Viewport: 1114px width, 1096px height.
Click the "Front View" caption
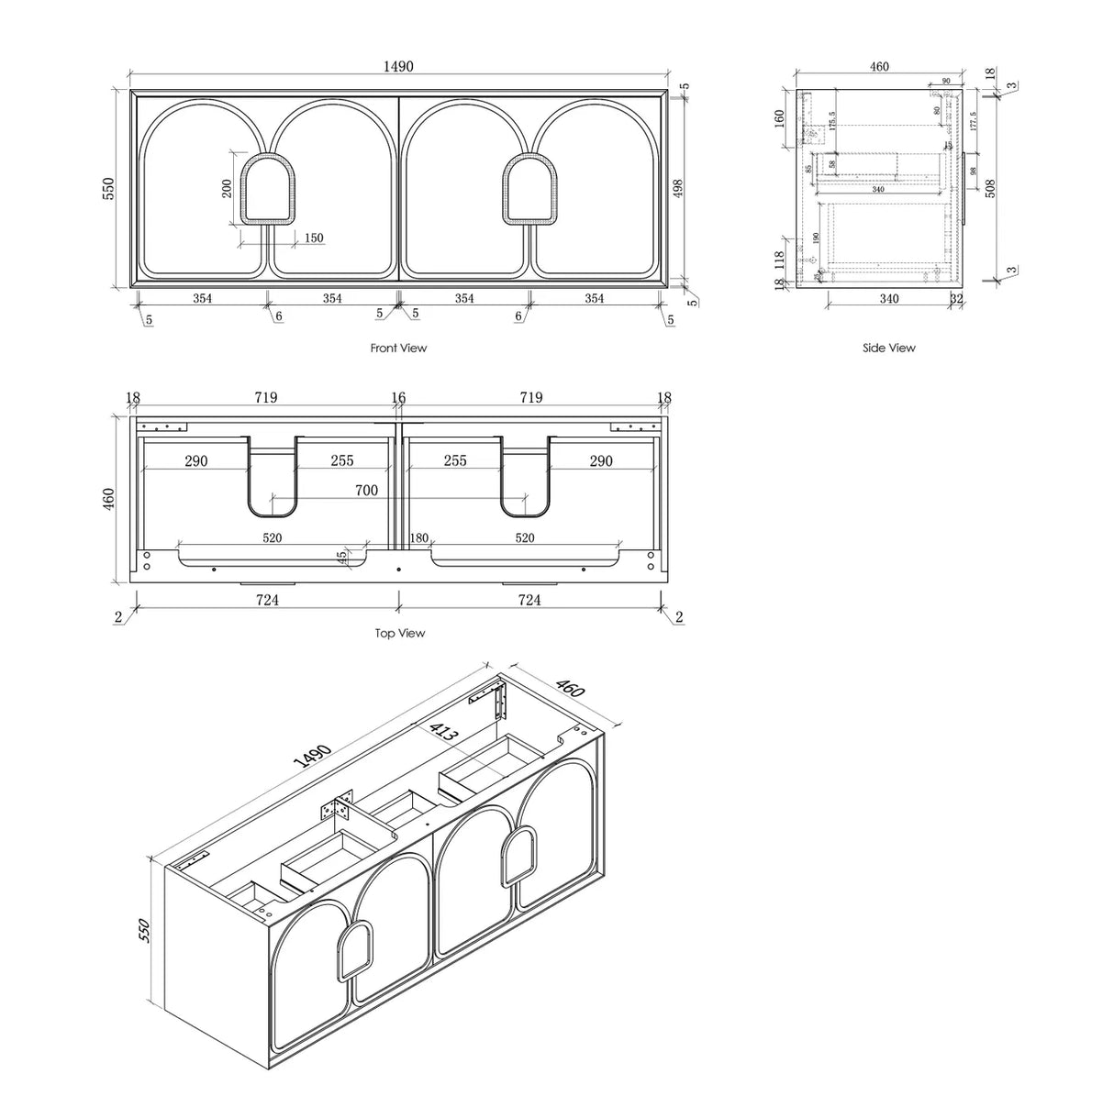coord(398,349)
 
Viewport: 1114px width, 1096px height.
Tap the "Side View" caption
coord(888,349)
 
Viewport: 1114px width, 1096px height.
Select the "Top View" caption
coord(399,634)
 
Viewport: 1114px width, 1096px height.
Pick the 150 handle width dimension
coord(313,238)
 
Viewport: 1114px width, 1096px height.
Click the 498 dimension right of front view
coord(678,188)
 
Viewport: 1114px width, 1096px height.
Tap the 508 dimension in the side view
coord(988,188)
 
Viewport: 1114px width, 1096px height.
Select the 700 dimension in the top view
coord(366,491)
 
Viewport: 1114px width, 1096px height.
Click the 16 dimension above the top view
coord(398,398)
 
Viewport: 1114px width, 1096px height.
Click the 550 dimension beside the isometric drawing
coord(143,933)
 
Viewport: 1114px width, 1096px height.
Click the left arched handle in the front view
coord(266,189)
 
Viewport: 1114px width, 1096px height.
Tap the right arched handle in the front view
coord(530,189)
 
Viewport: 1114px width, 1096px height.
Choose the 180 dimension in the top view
coord(419,537)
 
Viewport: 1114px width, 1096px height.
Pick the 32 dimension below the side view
coord(956,298)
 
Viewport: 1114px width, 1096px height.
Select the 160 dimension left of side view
coord(779,118)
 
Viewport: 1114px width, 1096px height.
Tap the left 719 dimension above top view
coord(266,398)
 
